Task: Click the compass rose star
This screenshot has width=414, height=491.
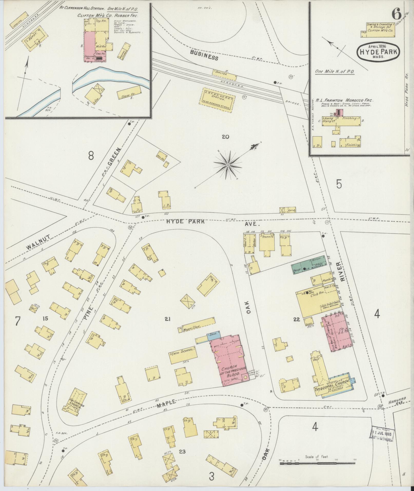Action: point(228,165)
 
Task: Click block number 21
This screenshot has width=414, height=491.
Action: point(168,319)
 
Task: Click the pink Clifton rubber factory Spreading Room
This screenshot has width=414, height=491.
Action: point(90,46)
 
